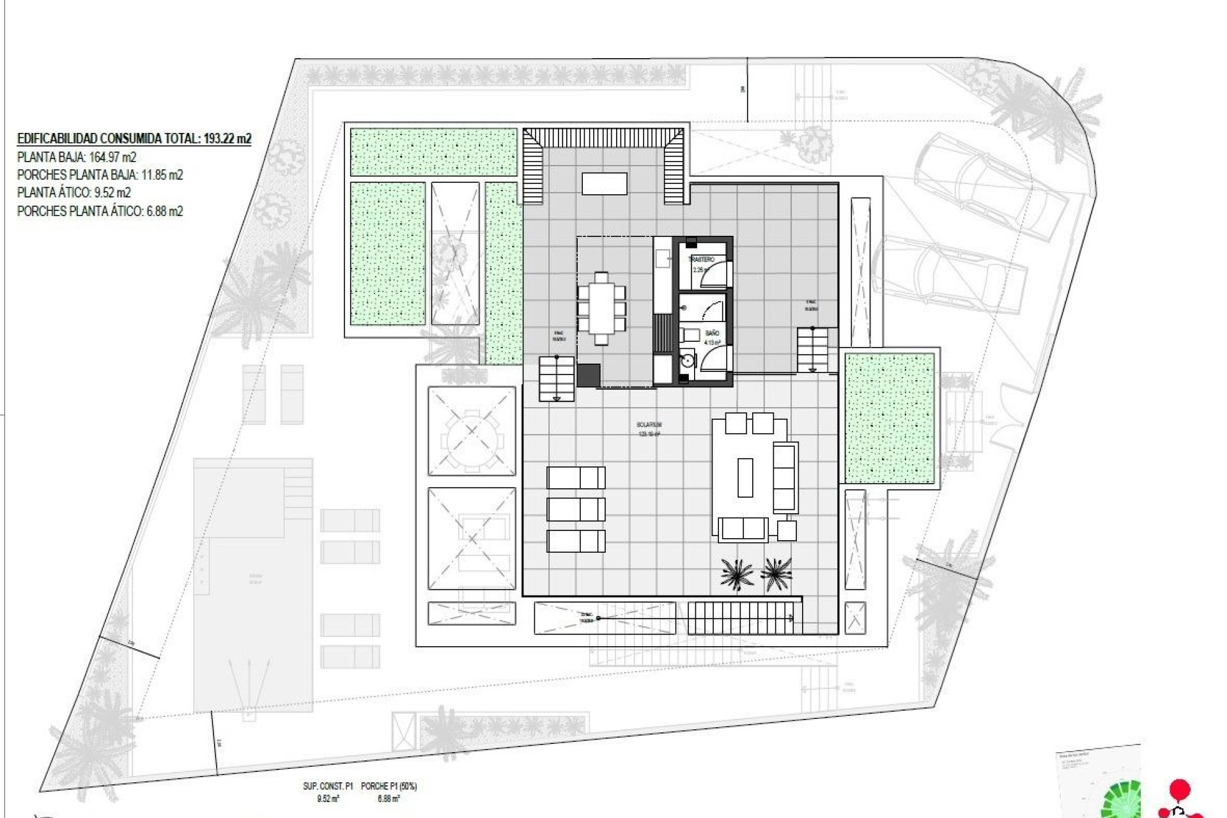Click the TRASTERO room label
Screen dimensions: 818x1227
coord(701,259)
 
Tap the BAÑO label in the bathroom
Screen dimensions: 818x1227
coord(712,333)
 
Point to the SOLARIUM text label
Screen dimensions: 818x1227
coord(649,424)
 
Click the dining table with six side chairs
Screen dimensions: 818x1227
coord(601,308)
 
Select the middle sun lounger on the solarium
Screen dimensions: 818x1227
coord(576,509)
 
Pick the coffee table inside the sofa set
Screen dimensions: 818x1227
coord(745,477)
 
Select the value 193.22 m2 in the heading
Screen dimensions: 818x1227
coord(226,138)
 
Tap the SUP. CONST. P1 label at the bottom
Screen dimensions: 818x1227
coord(328,787)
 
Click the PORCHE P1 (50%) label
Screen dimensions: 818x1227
coord(389,787)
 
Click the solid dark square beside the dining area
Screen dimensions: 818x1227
coord(589,374)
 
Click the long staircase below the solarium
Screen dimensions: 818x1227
coord(740,618)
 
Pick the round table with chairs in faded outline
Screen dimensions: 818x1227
coord(472,431)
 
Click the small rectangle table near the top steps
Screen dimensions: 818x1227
coord(604,183)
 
